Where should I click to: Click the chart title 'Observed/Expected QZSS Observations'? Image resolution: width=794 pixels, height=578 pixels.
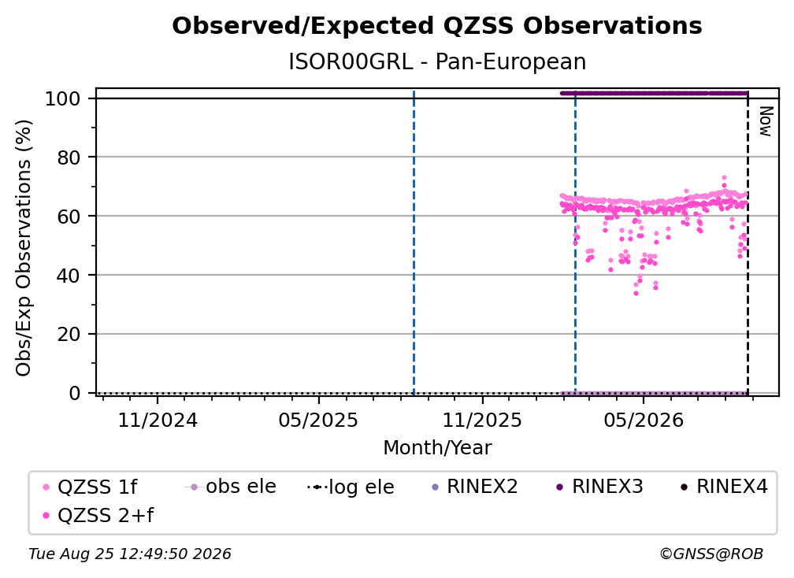pyautogui.click(x=437, y=26)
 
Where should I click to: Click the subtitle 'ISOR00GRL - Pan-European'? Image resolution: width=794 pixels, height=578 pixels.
pyautogui.click(x=437, y=62)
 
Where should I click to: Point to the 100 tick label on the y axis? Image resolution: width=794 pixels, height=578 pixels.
pyautogui.click(x=63, y=98)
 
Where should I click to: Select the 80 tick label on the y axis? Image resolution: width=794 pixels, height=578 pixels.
pyautogui.click(x=69, y=157)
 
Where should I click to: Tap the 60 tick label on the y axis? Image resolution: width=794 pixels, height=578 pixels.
pyautogui.click(x=69, y=217)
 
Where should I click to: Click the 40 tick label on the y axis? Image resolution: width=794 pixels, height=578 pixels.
pyautogui.click(x=69, y=276)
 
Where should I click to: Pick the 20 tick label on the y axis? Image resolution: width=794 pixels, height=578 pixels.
pyautogui.click(x=69, y=335)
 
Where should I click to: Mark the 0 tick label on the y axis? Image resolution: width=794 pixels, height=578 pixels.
pyautogui.click(x=75, y=393)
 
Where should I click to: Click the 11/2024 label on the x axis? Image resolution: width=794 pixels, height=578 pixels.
pyautogui.click(x=158, y=421)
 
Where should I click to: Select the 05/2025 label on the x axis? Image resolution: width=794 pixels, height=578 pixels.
pyautogui.click(x=318, y=421)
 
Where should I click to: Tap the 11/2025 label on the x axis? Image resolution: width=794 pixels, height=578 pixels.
pyautogui.click(x=482, y=421)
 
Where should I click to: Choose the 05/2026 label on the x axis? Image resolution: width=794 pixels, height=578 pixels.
pyautogui.click(x=644, y=421)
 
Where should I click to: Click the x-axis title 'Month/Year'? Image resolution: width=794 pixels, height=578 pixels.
pyautogui.click(x=437, y=448)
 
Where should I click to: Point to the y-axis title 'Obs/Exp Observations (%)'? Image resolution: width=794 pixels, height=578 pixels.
pyautogui.click(x=24, y=248)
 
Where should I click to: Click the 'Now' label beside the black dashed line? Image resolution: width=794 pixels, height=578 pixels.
pyautogui.click(x=766, y=121)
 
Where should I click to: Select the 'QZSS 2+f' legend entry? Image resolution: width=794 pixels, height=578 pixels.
pyautogui.click(x=98, y=515)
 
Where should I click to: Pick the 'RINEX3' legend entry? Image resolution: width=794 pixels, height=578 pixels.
pyautogui.click(x=599, y=487)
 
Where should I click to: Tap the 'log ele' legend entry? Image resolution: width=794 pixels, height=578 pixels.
pyautogui.click(x=351, y=487)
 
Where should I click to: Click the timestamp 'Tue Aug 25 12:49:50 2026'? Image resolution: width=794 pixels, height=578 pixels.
pyautogui.click(x=130, y=554)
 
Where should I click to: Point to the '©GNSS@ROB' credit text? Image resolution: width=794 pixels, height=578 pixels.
pyautogui.click(x=711, y=554)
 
